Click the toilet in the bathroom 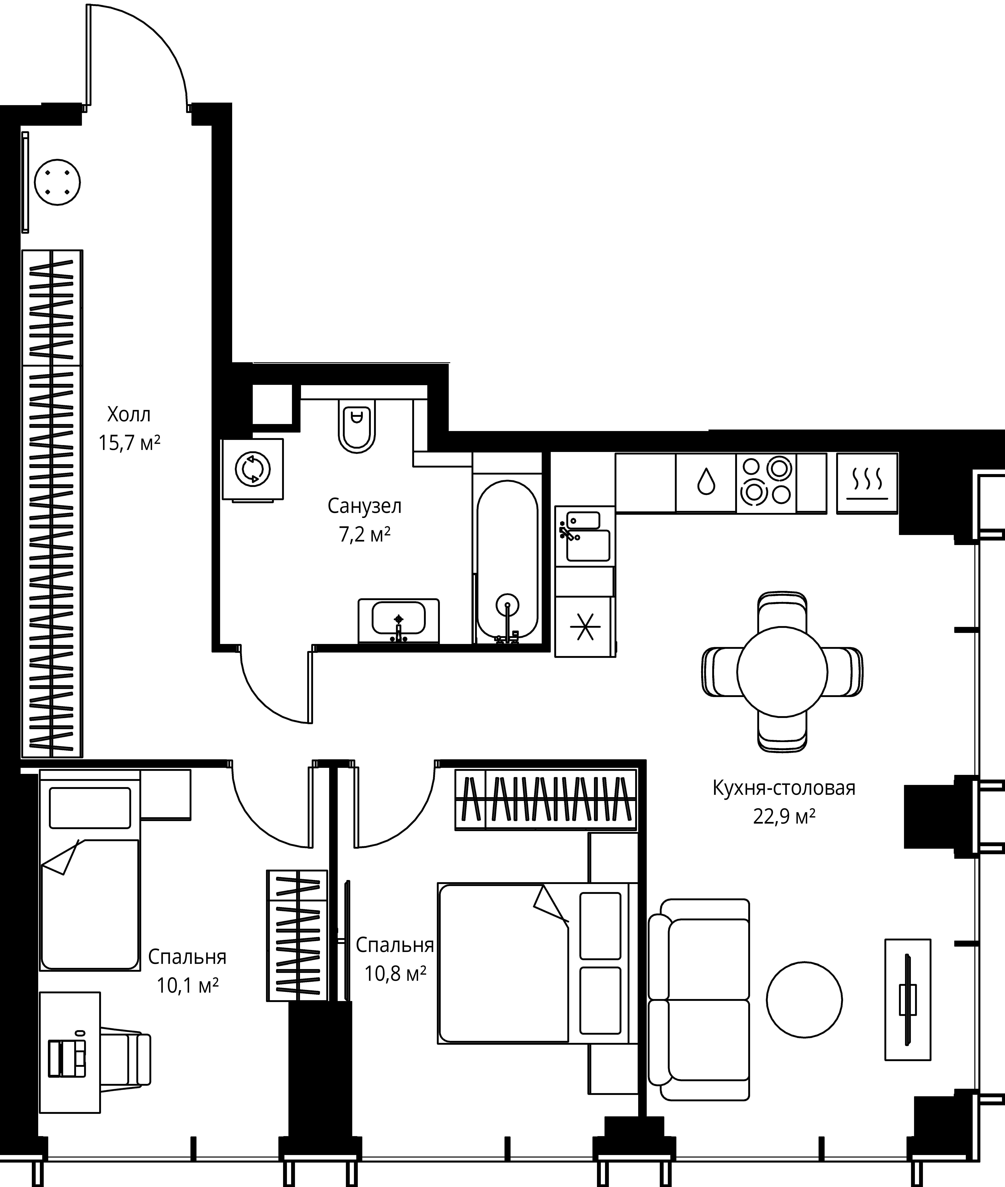(357, 425)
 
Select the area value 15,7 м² (129, 442)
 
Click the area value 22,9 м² (784, 817)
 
